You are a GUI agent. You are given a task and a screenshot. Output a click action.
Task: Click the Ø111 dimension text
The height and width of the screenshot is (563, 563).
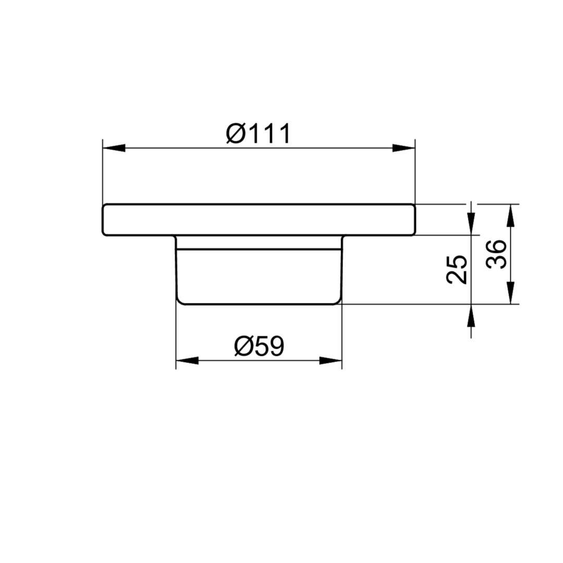coord(258,133)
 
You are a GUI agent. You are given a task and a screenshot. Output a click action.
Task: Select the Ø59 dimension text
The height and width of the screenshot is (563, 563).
coord(259,346)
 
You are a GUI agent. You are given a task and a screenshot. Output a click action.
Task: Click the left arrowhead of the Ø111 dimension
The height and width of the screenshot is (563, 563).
coord(114,148)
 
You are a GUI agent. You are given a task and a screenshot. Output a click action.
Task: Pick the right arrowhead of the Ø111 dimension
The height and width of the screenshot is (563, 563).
coord(403,148)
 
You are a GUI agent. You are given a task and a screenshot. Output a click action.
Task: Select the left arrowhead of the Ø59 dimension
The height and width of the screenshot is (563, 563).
coord(187,361)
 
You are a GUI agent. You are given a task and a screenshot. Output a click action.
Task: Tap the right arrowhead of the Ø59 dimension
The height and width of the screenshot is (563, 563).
coord(331,361)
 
